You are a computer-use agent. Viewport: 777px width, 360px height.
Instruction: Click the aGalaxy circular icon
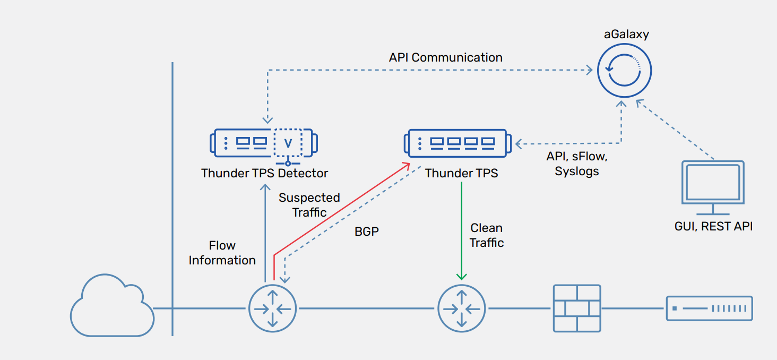click(624, 71)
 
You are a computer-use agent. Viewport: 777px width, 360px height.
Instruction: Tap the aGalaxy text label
click(626, 35)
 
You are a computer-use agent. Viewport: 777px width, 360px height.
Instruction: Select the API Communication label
click(445, 57)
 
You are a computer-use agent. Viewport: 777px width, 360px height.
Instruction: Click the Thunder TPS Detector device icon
click(264, 142)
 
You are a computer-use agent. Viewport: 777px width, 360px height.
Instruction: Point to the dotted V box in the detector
click(288, 142)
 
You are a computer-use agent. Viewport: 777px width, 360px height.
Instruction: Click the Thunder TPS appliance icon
click(460, 143)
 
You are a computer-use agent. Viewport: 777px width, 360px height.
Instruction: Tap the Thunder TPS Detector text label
click(264, 173)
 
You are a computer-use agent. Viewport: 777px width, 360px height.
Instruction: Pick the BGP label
click(367, 232)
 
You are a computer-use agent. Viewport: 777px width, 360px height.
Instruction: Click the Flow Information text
click(222, 253)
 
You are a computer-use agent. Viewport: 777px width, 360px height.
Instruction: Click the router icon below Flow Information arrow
click(272, 308)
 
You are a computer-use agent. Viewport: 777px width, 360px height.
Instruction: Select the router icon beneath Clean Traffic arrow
click(461, 308)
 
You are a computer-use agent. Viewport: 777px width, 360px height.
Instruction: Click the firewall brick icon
click(577, 308)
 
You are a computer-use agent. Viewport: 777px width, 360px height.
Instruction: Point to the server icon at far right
click(710, 308)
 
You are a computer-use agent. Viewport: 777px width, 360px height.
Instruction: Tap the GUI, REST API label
click(713, 226)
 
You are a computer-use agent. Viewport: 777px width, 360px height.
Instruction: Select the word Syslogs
click(577, 172)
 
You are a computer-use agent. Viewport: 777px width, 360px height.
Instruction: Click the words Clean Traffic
click(487, 235)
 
